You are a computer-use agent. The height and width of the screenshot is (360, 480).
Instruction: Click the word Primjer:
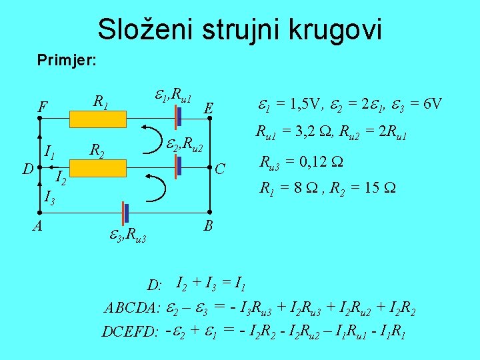tap(67, 61)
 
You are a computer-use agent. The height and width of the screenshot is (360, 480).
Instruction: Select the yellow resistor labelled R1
tap(97, 118)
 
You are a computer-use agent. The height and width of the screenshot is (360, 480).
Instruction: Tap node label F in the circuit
tap(43, 107)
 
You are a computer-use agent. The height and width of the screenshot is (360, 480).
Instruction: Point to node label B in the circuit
tap(208, 227)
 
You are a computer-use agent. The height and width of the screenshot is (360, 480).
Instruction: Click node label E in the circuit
tap(209, 109)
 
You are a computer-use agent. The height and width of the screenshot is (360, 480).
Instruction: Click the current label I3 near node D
tap(49, 197)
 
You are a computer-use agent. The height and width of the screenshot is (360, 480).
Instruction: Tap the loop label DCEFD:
tap(129, 331)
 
